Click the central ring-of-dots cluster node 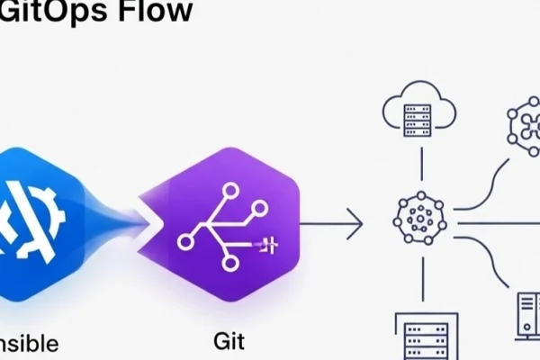[x=419, y=219]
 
